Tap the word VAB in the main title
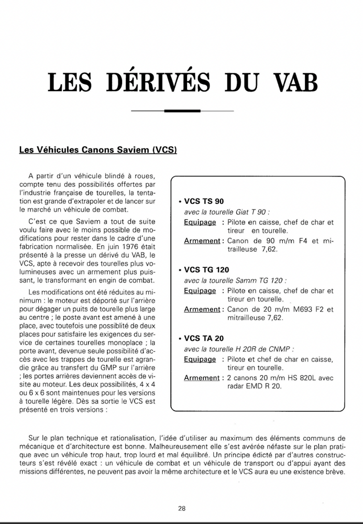click(290, 82)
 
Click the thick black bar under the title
click(182, 111)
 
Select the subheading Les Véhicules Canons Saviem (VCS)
click(98, 149)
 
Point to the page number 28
click(181, 508)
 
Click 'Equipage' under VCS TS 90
click(200, 222)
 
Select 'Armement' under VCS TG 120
click(202, 309)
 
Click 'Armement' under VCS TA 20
click(202, 378)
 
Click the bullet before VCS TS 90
click(180, 202)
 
